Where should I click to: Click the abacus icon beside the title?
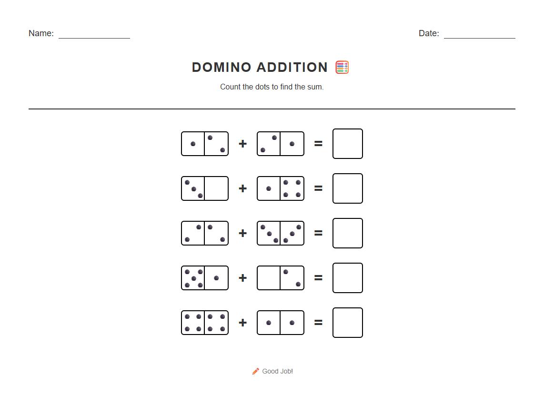[x=342, y=68]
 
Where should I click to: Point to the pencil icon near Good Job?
[x=256, y=371]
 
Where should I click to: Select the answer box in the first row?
[x=347, y=144]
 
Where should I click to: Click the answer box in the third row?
[x=347, y=233]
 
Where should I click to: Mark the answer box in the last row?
[x=347, y=323]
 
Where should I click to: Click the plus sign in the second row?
[x=242, y=188]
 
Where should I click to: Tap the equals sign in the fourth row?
[x=318, y=278]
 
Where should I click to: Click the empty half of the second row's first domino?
[x=216, y=188]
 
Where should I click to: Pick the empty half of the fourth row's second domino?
[x=269, y=278]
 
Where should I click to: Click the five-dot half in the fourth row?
[x=193, y=278]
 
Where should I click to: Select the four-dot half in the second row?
[x=292, y=188]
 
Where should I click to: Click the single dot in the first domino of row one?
[x=193, y=144]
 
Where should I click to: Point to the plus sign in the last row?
[x=242, y=323]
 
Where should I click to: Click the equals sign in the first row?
[x=318, y=144]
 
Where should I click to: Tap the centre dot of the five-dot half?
[x=193, y=278]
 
